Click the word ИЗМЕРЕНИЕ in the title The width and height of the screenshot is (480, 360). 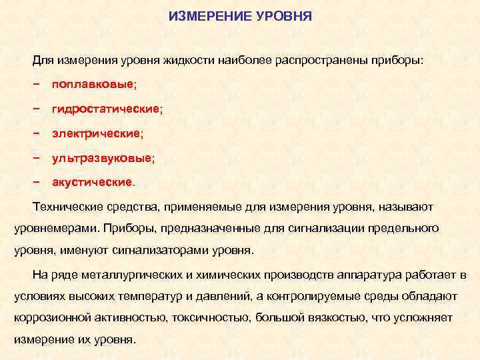coord(209,14)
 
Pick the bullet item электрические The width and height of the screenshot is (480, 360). coord(97,133)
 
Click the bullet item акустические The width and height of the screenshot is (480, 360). coord(93,182)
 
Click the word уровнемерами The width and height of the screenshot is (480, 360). coord(53,229)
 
